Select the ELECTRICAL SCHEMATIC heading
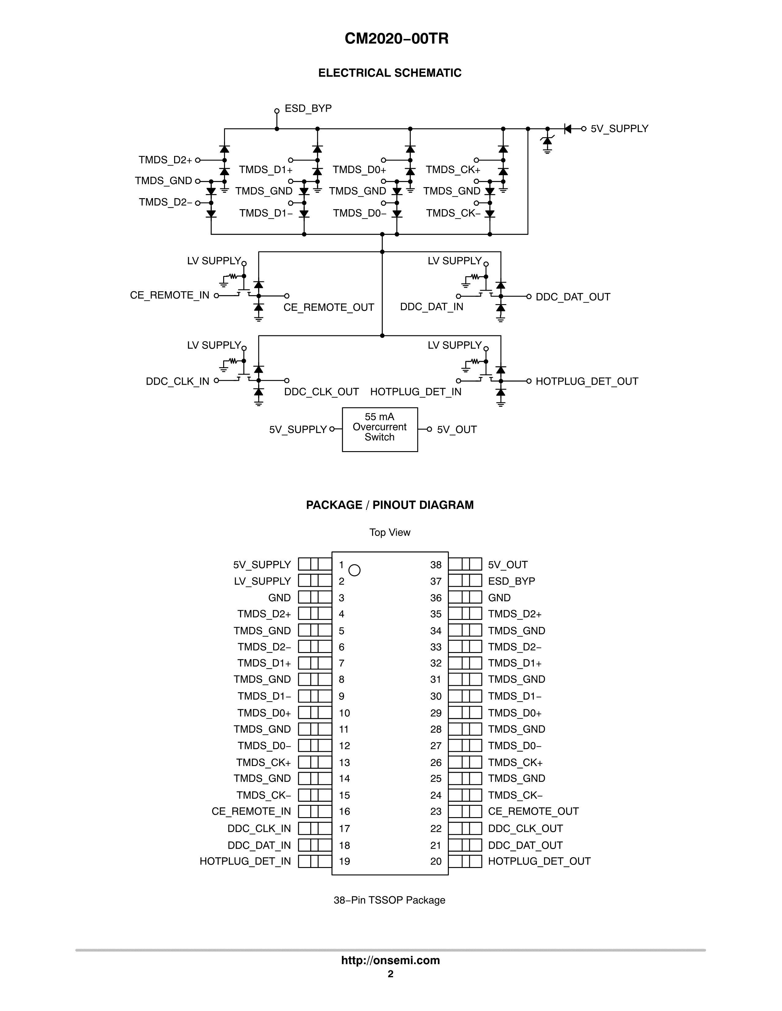pyautogui.click(x=390, y=73)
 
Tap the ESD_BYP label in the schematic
pyautogui.click(x=308, y=108)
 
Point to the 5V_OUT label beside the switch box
pyautogui.click(x=457, y=430)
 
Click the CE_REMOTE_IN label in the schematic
pyautogui.click(x=170, y=295)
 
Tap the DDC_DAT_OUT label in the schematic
pyautogui.click(x=573, y=297)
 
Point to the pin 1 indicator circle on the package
pyautogui.click(x=354, y=570)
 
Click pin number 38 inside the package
pyautogui.click(x=436, y=565)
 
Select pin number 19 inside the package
pyautogui.click(x=344, y=862)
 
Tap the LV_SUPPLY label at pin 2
pyautogui.click(x=262, y=581)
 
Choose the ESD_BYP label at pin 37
pyautogui.click(x=511, y=581)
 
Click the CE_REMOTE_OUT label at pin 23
pyautogui.click(x=533, y=812)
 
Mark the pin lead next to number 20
pyautogui.click(x=465, y=862)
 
